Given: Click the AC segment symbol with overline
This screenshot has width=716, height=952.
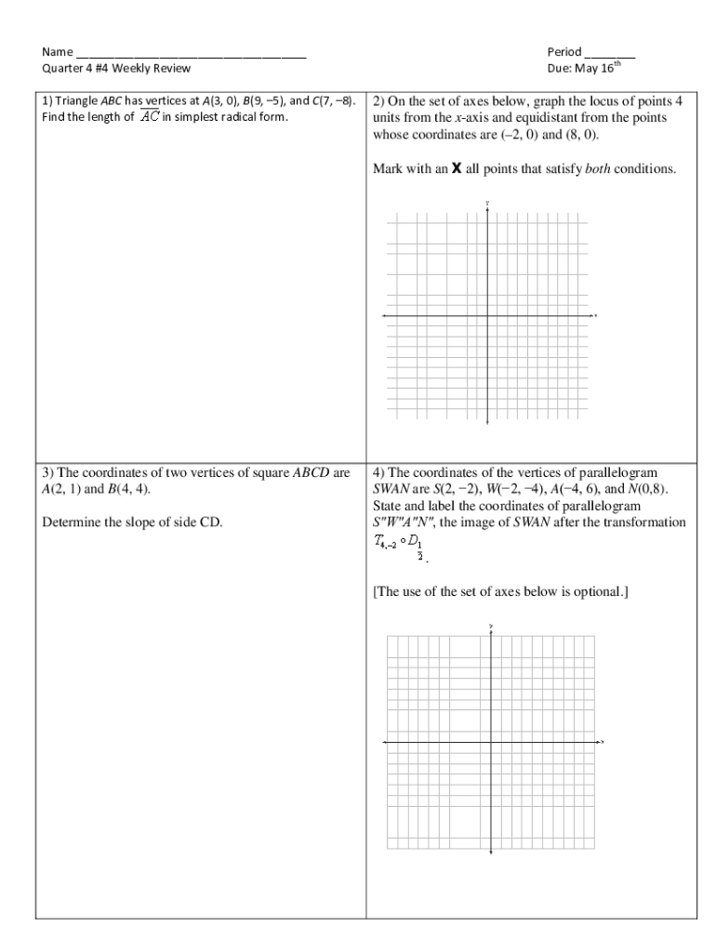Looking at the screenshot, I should [149, 117].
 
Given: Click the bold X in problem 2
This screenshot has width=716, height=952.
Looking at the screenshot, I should [457, 170].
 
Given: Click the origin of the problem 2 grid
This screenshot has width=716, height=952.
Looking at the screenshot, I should [487, 316].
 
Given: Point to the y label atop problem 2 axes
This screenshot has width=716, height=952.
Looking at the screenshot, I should [487, 203].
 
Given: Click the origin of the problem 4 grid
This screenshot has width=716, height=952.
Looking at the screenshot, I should [490, 742].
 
